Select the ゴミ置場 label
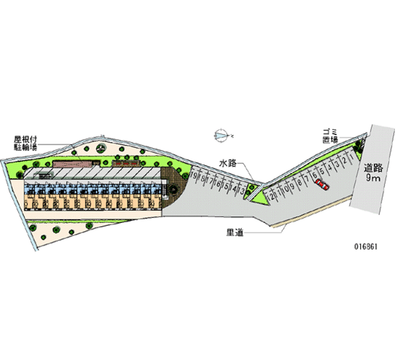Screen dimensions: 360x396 (330, 135)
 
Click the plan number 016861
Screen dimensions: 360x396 (367, 247)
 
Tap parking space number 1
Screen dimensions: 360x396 (351, 157)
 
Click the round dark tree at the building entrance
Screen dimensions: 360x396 (173, 189)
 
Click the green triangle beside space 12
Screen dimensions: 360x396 (258, 195)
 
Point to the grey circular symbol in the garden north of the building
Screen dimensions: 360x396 (101, 147)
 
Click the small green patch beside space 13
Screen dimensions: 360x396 (250, 188)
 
